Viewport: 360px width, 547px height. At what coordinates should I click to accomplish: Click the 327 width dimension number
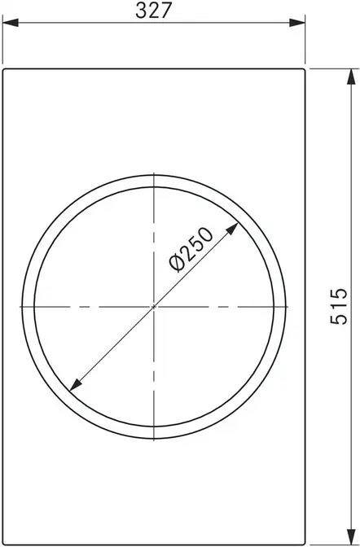[154, 10]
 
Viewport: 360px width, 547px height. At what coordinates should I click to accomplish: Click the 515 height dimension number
[339, 306]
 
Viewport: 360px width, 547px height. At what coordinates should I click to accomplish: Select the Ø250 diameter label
[191, 249]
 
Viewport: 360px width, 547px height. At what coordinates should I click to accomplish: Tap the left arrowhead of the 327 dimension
[11, 23]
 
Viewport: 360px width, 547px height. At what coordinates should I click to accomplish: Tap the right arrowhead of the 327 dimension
[297, 23]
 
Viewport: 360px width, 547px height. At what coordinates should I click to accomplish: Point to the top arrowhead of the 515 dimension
[351, 77]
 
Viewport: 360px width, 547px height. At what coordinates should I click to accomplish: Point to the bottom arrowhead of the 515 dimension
[351, 536]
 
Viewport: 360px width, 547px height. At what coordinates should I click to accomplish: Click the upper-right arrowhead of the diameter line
[233, 229]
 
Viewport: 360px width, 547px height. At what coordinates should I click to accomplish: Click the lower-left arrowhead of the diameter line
[76, 384]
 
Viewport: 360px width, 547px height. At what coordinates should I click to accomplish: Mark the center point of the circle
[154, 307]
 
